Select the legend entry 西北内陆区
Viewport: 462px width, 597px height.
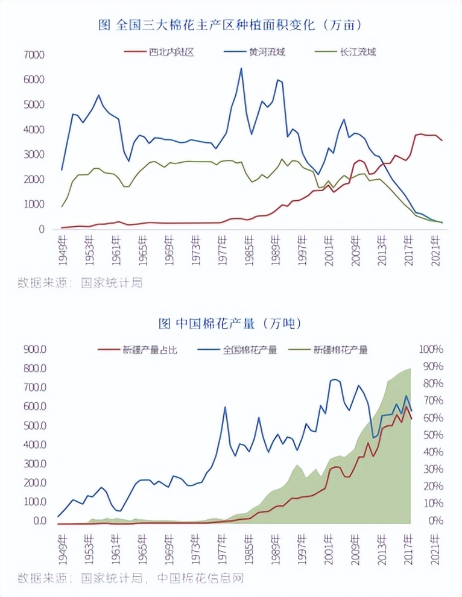171,52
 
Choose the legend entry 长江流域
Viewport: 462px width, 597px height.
358,52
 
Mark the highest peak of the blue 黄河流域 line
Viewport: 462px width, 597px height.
241,69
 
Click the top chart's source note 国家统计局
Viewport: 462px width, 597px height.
112,282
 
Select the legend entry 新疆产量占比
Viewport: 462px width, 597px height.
150,349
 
